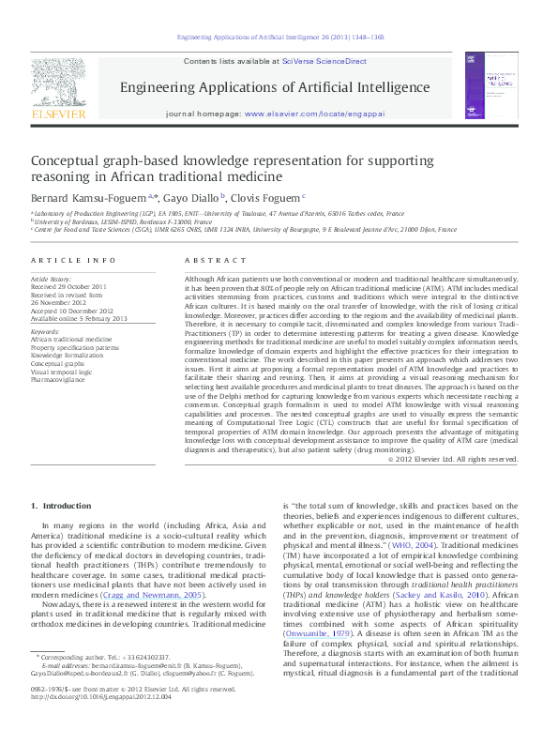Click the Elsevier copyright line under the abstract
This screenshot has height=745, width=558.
452,459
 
